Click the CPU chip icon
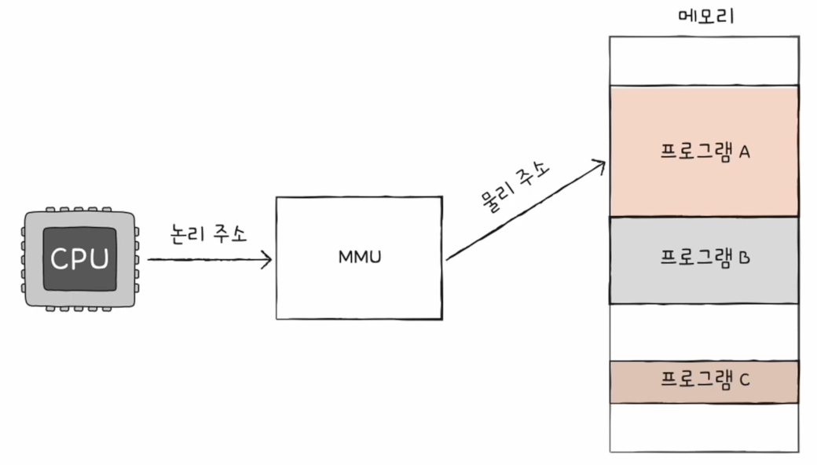pos(81,258)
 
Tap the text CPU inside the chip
pos(81,258)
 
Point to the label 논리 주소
pos(208,233)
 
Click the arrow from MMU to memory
pos(525,211)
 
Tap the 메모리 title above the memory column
pos(705,15)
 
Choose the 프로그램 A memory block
pos(704,151)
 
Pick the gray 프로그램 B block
pos(704,260)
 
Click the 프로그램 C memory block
pos(704,381)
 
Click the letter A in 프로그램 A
pos(744,152)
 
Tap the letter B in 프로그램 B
pos(745,257)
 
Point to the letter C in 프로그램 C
pos(744,381)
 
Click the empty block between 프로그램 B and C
pos(704,332)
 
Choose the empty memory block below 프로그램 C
pos(704,427)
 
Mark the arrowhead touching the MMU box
pos(267,258)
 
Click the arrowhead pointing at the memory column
pos(599,165)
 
